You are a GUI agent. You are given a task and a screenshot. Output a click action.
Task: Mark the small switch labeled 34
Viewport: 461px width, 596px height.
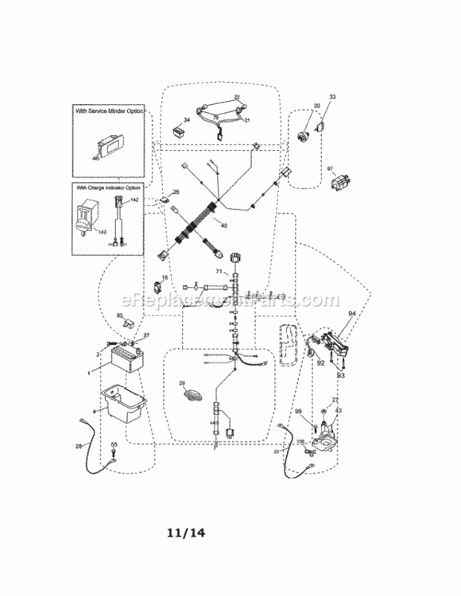point(176,127)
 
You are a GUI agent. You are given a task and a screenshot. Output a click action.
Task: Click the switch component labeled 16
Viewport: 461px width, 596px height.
point(157,284)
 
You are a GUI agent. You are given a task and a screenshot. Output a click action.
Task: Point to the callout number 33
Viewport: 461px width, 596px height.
point(332,97)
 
